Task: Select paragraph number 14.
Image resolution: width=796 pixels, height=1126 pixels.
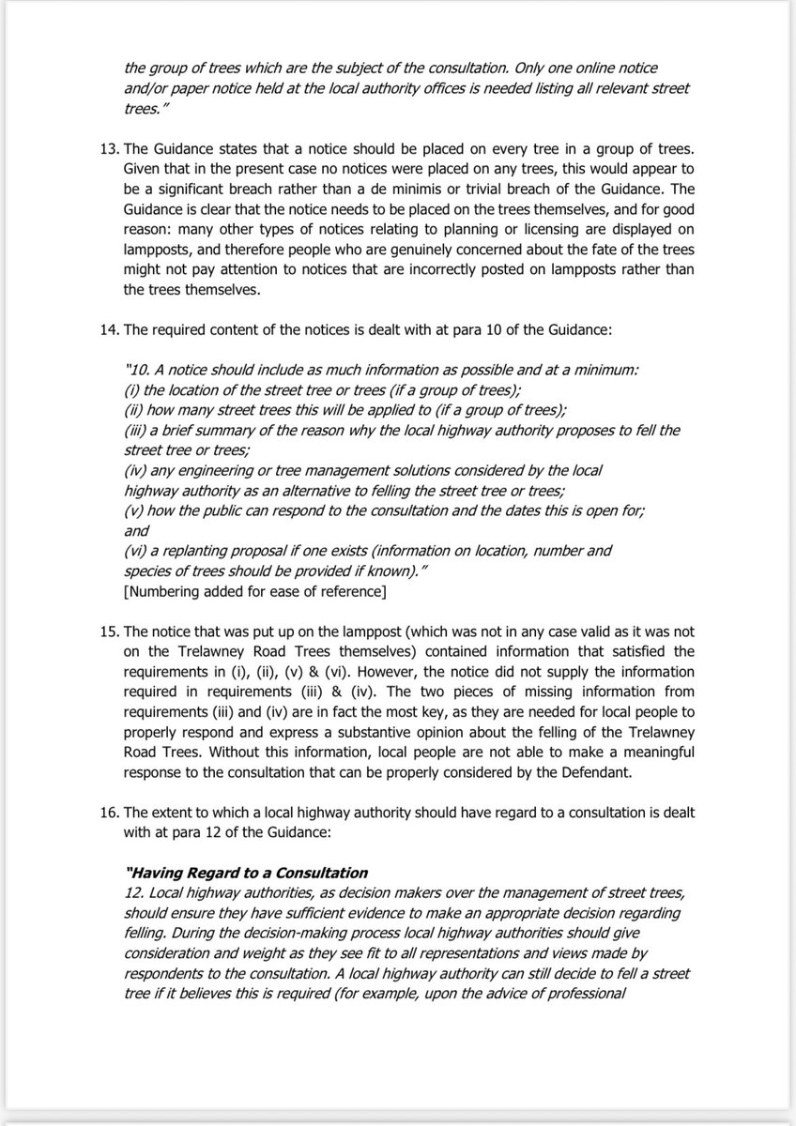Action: pos(106,330)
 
